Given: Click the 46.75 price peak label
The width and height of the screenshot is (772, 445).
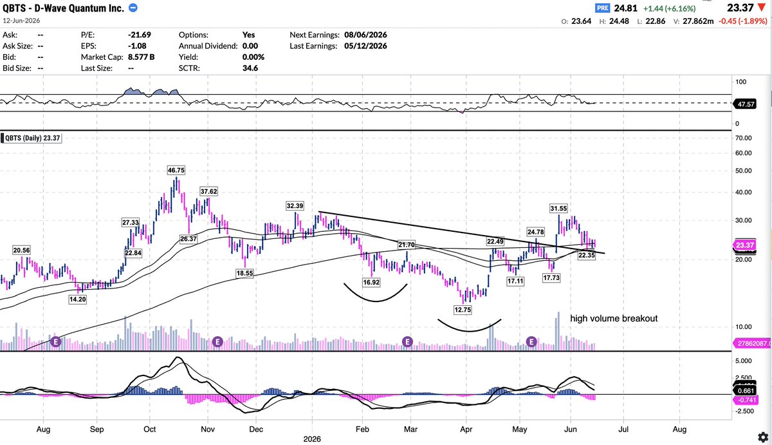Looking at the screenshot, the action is [x=176, y=170].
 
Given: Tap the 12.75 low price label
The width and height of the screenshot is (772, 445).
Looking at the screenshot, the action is [x=463, y=310].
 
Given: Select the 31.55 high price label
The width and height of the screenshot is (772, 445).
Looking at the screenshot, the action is [x=558, y=209].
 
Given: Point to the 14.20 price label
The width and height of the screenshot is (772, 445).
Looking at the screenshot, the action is [x=78, y=299].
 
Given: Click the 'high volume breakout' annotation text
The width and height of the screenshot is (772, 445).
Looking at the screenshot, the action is [x=614, y=318].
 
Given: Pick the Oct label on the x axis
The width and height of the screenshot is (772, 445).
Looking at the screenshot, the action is [x=149, y=429].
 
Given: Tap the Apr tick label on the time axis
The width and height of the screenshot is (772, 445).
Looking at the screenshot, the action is [x=466, y=429].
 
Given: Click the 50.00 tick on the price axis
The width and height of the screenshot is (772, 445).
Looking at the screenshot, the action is [x=744, y=171].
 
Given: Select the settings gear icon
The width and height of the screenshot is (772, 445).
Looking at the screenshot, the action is [x=763, y=437].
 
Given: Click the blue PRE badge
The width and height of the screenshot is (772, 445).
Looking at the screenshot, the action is [x=602, y=8].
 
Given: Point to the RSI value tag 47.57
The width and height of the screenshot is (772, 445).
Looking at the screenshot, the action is [x=745, y=104].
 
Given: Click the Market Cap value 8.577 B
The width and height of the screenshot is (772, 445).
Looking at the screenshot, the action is [x=141, y=57].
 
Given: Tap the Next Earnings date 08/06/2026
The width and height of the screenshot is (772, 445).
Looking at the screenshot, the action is [x=365, y=35].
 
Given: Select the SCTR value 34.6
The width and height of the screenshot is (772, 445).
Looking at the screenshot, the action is [x=250, y=68].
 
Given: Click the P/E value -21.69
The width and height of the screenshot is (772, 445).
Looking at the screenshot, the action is [x=139, y=35].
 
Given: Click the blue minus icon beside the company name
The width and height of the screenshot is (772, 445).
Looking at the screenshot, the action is [x=133, y=8].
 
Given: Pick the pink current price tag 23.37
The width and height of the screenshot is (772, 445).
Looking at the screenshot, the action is [x=745, y=245].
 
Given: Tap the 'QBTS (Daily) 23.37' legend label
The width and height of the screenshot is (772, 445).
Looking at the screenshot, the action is [x=32, y=138].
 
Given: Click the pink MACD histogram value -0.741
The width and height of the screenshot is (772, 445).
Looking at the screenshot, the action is [x=745, y=400].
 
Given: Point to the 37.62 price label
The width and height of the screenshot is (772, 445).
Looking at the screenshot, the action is [x=209, y=191].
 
